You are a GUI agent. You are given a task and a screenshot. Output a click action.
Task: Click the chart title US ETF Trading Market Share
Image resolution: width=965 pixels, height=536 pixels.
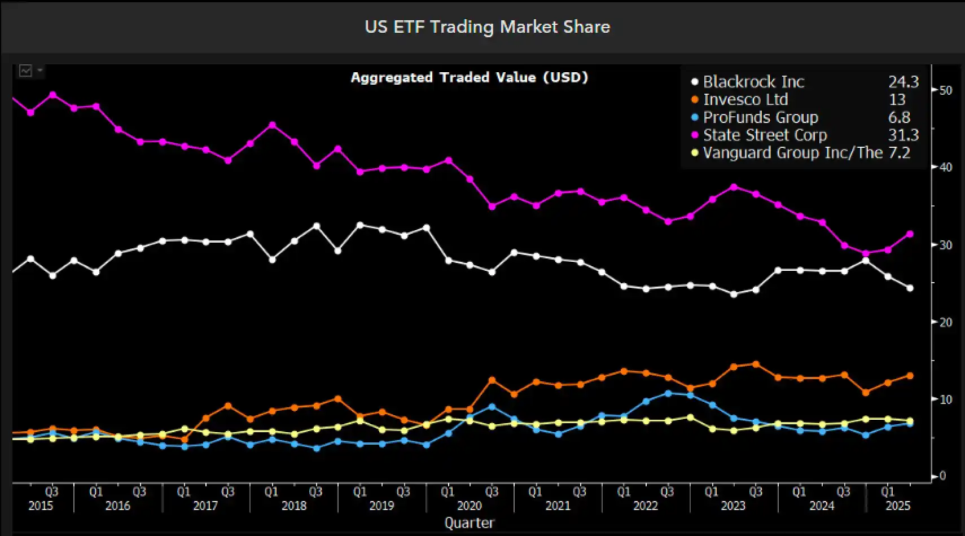coord(487,27)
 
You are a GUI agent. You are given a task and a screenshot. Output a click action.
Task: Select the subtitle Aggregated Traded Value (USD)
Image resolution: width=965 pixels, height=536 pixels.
coord(469,77)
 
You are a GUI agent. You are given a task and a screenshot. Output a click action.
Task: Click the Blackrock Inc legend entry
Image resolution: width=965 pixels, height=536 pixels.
coord(753,82)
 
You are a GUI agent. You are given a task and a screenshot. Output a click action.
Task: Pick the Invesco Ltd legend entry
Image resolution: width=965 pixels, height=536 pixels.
coord(745,100)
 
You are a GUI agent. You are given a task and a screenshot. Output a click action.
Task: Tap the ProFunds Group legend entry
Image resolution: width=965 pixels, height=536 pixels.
coord(760,117)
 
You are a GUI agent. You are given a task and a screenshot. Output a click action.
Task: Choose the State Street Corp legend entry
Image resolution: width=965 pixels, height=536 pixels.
coord(765,135)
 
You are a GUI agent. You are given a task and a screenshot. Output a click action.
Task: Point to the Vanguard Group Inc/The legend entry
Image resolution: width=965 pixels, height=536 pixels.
coord(792,153)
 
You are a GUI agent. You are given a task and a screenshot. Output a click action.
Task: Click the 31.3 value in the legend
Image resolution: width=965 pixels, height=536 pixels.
coord(903,135)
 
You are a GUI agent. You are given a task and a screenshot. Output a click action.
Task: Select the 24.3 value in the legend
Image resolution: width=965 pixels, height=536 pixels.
coord(903,82)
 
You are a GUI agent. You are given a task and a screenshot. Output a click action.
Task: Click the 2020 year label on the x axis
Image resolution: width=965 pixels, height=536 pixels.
coord(470,506)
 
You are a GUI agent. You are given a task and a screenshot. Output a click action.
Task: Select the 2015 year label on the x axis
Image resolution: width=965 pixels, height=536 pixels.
coord(41,506)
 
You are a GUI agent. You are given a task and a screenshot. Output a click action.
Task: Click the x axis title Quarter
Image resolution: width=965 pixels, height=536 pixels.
coord(470,523)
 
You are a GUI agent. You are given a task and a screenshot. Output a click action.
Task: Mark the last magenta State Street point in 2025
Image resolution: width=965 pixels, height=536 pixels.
coord(910,234)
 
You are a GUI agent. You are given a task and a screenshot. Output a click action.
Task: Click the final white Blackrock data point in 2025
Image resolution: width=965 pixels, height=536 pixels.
coord(910,288)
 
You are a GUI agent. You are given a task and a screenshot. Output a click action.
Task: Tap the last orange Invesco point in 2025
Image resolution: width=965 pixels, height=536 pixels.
coord(910,376)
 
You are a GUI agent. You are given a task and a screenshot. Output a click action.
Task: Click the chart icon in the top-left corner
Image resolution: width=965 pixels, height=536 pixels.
coord(26,71)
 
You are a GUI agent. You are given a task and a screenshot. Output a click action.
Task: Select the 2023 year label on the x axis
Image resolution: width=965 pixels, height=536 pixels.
coord(733,506)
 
